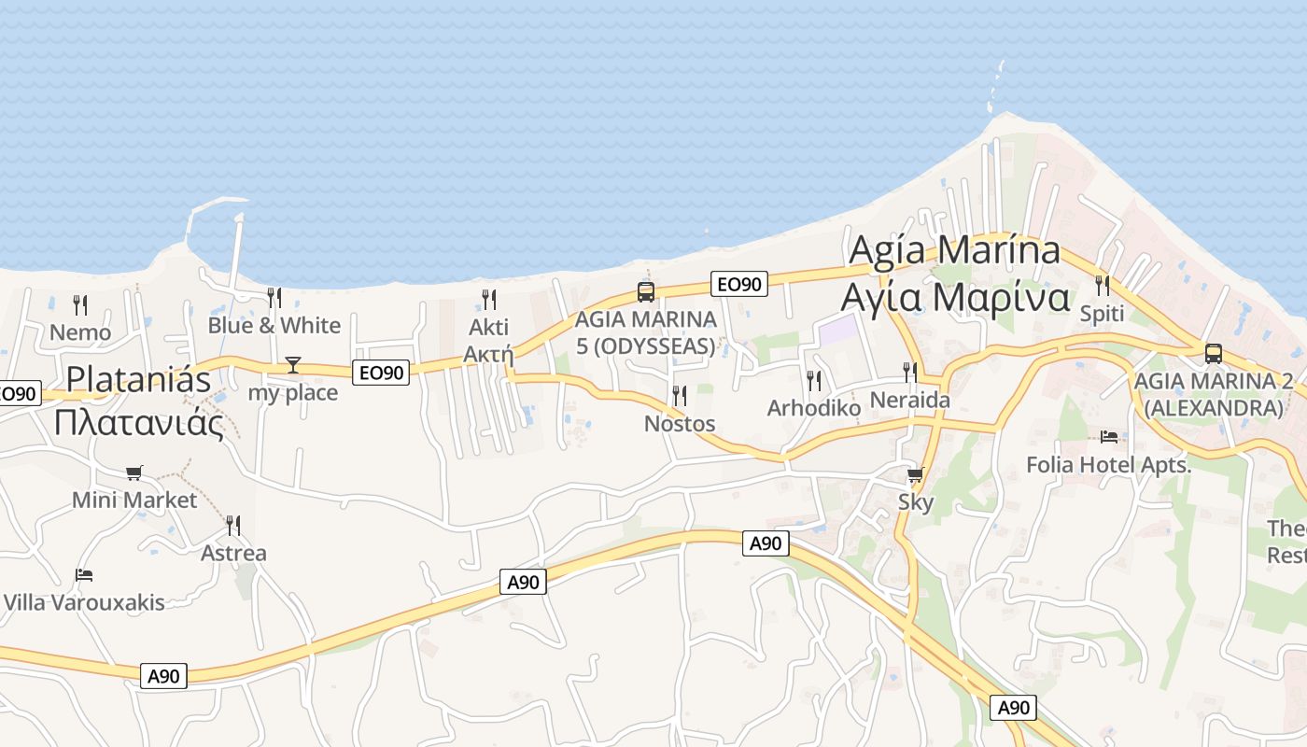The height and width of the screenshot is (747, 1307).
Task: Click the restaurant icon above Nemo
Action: click(x=80, y=304)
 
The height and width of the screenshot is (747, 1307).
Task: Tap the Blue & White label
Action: click(x=274, y=326)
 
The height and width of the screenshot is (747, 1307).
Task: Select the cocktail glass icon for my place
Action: click(x=293, y=365)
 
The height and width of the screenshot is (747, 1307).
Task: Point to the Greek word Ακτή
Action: click(x=488, y=354)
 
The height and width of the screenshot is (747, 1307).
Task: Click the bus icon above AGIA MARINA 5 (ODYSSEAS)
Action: click(x=645, y=291)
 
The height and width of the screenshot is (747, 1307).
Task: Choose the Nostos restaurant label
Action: click(x=680, y=424)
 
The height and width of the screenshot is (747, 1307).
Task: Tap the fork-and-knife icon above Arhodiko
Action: click(x=813, y=380)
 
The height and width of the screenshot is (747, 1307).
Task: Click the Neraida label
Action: click(x=909, y=401)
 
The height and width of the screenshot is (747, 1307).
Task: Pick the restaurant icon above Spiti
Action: click(x=1102, y=286)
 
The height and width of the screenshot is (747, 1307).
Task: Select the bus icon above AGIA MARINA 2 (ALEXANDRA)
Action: click(x=1213, y=354)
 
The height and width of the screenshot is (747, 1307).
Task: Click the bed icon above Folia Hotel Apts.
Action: click(x=1109, y=437)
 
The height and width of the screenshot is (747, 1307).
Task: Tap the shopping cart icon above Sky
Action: click(x=915, y=475)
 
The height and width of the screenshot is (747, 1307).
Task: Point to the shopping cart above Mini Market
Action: click(x=134, y=473)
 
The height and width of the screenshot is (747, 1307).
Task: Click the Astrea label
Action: click(x=233, y=553)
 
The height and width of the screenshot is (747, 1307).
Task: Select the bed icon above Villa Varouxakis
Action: click(x=84, y=575)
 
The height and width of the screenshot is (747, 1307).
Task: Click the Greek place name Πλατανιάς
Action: click(x=138, y=423)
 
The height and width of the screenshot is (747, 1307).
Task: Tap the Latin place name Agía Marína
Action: click(x=954, y=250)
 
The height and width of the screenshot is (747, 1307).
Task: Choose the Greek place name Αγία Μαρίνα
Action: click(x=954, y=297)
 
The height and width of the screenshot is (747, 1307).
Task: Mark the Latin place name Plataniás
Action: click(x=138, y=379)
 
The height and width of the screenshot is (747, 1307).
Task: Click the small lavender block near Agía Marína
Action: click(x=837, y=329)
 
